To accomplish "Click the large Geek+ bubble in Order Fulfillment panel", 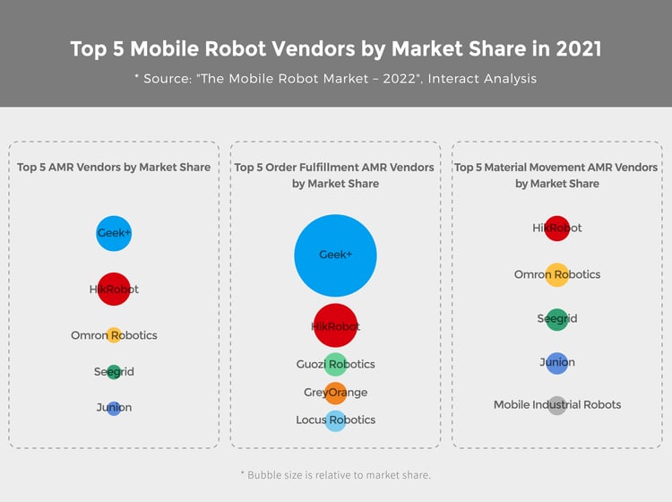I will (336, 255).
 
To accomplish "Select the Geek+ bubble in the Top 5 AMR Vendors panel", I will (114, 233).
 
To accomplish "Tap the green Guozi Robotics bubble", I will (336, 364).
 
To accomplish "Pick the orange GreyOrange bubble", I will (336, 393).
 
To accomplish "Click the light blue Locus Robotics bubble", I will (336, 420).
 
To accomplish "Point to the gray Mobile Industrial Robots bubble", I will (557, 405).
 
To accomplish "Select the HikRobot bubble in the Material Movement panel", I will (557, 229).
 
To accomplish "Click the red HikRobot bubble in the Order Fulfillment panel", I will (336, 325).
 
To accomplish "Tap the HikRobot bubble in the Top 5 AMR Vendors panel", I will (114, 289).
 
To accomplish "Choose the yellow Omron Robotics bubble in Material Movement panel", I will (557, 274).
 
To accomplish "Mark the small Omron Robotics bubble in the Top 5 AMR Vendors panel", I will (114, 335).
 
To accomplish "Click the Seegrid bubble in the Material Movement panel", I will (557, 319).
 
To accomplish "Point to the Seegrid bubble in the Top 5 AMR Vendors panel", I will (114, 372).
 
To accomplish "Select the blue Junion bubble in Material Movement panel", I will (557, 363).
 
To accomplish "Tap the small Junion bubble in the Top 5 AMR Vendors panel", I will (114, 408).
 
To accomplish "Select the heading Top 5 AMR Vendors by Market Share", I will (114, 167).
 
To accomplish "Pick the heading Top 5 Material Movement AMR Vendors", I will (556, 168).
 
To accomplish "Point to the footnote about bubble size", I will (336, 474).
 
